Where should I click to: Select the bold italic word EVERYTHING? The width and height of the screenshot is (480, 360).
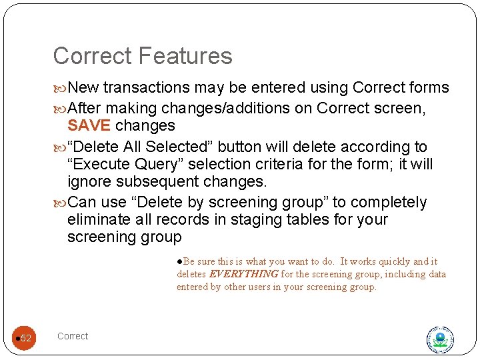[244, 274]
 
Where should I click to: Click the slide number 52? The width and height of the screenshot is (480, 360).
[26, 338]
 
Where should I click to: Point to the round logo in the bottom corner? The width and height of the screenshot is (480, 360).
[440, 339]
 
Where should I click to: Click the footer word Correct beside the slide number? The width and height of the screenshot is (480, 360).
[73, 336]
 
